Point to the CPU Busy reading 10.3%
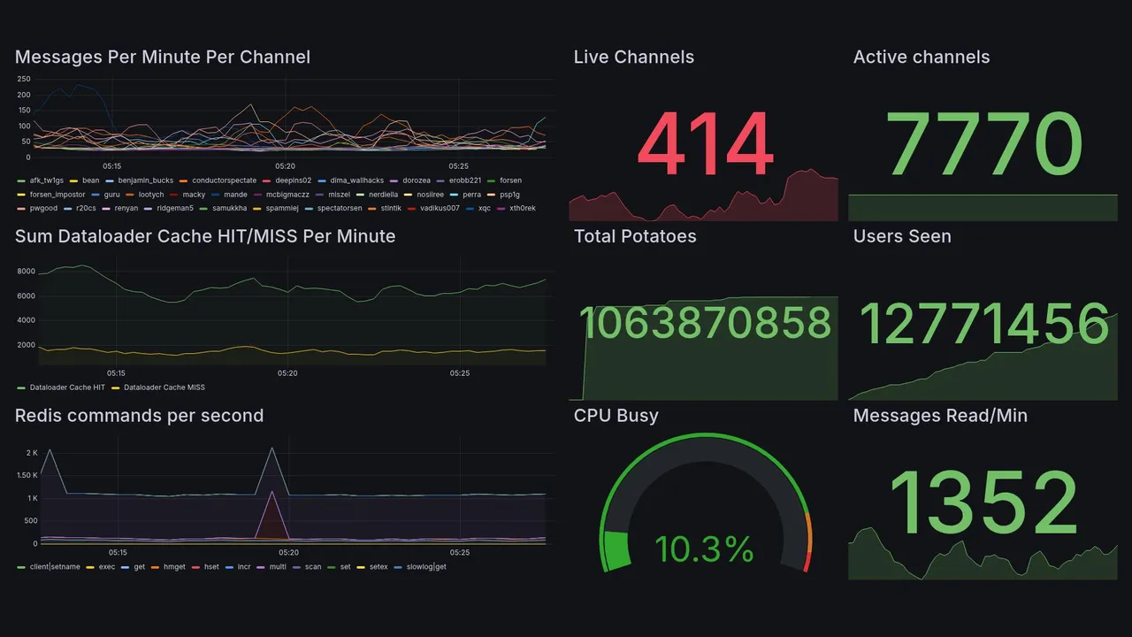pos(704,549)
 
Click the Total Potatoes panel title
pos(635,236)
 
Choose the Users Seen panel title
pos(902,236)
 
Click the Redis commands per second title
pos(139,416)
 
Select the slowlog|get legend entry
pos(424,566)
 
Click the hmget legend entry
pos(172,566)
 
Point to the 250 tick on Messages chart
pos(24,79)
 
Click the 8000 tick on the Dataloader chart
pos(25,272)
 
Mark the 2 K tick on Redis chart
pos(31,453)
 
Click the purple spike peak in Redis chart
pos(272,492)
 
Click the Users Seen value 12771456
pos(983,323)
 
